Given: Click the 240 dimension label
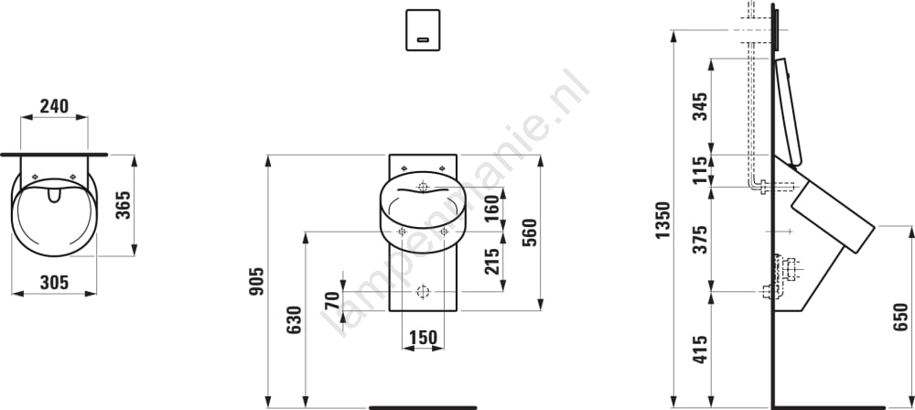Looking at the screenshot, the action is pos(54,106).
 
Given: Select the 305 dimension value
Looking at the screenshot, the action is pos(54,283).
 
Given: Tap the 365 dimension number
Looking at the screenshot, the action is pos(124,205).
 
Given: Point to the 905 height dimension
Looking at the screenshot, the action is pos(256,281).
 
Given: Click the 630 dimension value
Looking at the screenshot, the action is pos(294,319).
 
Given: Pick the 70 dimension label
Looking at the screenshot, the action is pos(332,299).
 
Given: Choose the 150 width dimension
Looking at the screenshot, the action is pos(423,338).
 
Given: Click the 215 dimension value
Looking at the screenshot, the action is pos(492,261).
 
